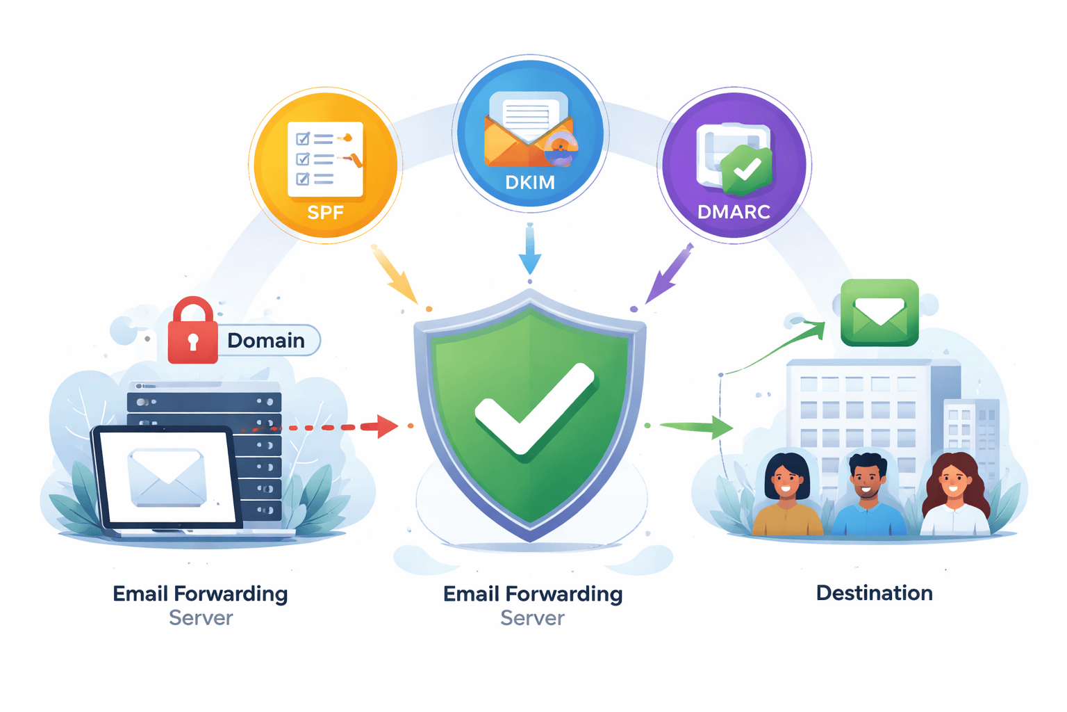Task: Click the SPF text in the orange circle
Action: [x=325, y=212]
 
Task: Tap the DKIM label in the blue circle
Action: [x=530, y=182]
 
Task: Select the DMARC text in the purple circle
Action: [x=734, y=211]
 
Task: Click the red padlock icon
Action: [x=192, y=332]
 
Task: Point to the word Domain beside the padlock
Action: [x=266, y=340]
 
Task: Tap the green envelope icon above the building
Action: [x=879, y=312]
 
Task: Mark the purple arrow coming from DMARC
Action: [x=669, y=273]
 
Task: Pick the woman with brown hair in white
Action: [x=954, y=495]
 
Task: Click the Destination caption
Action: [x=874, y=593]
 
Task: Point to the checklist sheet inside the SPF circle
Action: [x=325, y=159]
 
